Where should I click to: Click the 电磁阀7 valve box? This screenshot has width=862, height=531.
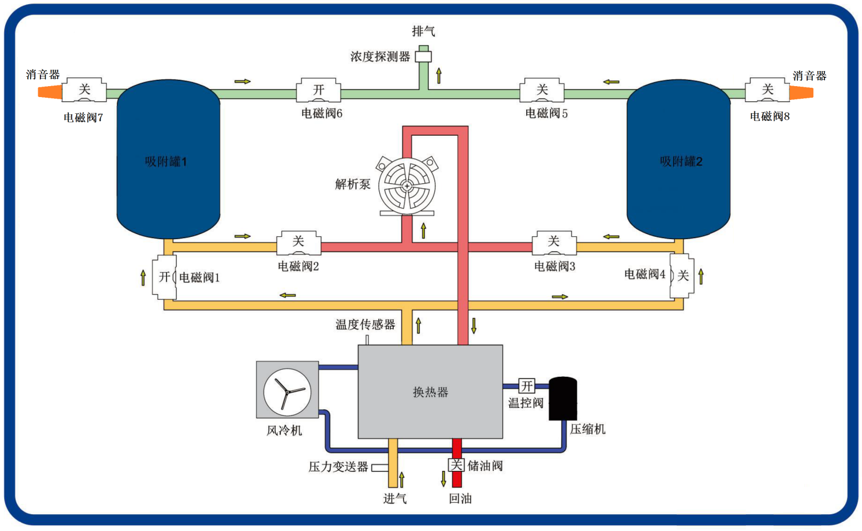(84, 90)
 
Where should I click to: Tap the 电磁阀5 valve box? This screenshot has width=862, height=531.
(542, 90)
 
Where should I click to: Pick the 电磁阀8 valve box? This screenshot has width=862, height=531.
(767, 90)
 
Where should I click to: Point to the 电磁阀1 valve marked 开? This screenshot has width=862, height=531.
(165, 277)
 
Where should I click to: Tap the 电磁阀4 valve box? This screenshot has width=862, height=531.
(682, 276)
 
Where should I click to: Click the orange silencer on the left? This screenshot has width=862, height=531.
(50, 92)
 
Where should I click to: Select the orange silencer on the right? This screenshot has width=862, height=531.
(801, 92)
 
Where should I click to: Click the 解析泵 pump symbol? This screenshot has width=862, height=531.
(407, 186)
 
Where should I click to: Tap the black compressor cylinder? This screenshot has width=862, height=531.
(563, 399)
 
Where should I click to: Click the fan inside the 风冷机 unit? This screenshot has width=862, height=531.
(287, 392)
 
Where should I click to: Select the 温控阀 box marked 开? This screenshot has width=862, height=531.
(527, 386)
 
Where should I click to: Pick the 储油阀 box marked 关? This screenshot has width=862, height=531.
(456, 465)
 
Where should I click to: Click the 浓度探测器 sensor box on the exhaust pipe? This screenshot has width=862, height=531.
(424, 56)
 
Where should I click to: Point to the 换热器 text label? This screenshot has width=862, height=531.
(430, 392)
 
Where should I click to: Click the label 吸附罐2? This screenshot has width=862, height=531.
(681, 162)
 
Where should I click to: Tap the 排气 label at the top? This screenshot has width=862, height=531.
(423, 31)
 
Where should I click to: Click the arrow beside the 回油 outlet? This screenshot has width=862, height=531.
(443, 478)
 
